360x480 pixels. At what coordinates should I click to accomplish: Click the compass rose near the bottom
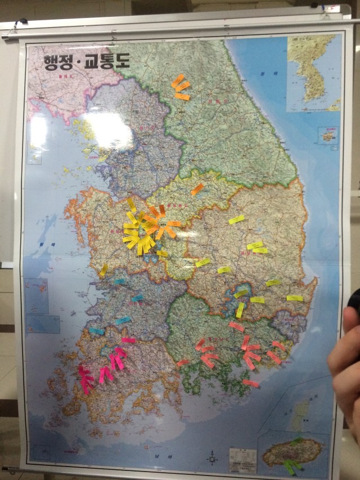(x=212, y=458)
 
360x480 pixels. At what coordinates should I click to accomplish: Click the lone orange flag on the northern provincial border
(x=197, y=189)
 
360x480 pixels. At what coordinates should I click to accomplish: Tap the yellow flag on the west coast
(x=103, y=270)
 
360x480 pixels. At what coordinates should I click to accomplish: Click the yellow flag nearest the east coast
(x=294, y=298)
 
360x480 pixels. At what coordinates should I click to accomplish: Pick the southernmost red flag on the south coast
(x=251, y=383)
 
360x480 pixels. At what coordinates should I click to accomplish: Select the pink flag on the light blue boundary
(x=129, y=340)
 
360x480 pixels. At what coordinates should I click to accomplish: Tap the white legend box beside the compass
(x=242, y=459)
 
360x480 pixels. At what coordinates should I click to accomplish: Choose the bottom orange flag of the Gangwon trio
(x=182, y=97)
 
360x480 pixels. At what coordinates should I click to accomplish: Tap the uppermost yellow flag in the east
(x=237, y=219)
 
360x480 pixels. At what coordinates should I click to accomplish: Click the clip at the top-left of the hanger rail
(x=22, y=23)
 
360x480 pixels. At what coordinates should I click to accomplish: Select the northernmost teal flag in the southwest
(x=120, y=281)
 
